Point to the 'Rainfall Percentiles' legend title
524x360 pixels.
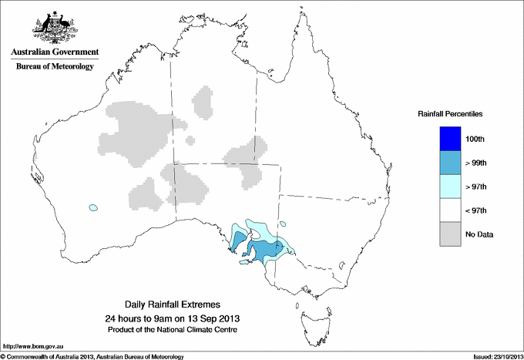point(450,114)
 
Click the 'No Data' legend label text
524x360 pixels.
point(479,234)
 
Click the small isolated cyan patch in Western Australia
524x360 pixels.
point(94,207)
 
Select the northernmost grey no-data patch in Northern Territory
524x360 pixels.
point(203,103)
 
